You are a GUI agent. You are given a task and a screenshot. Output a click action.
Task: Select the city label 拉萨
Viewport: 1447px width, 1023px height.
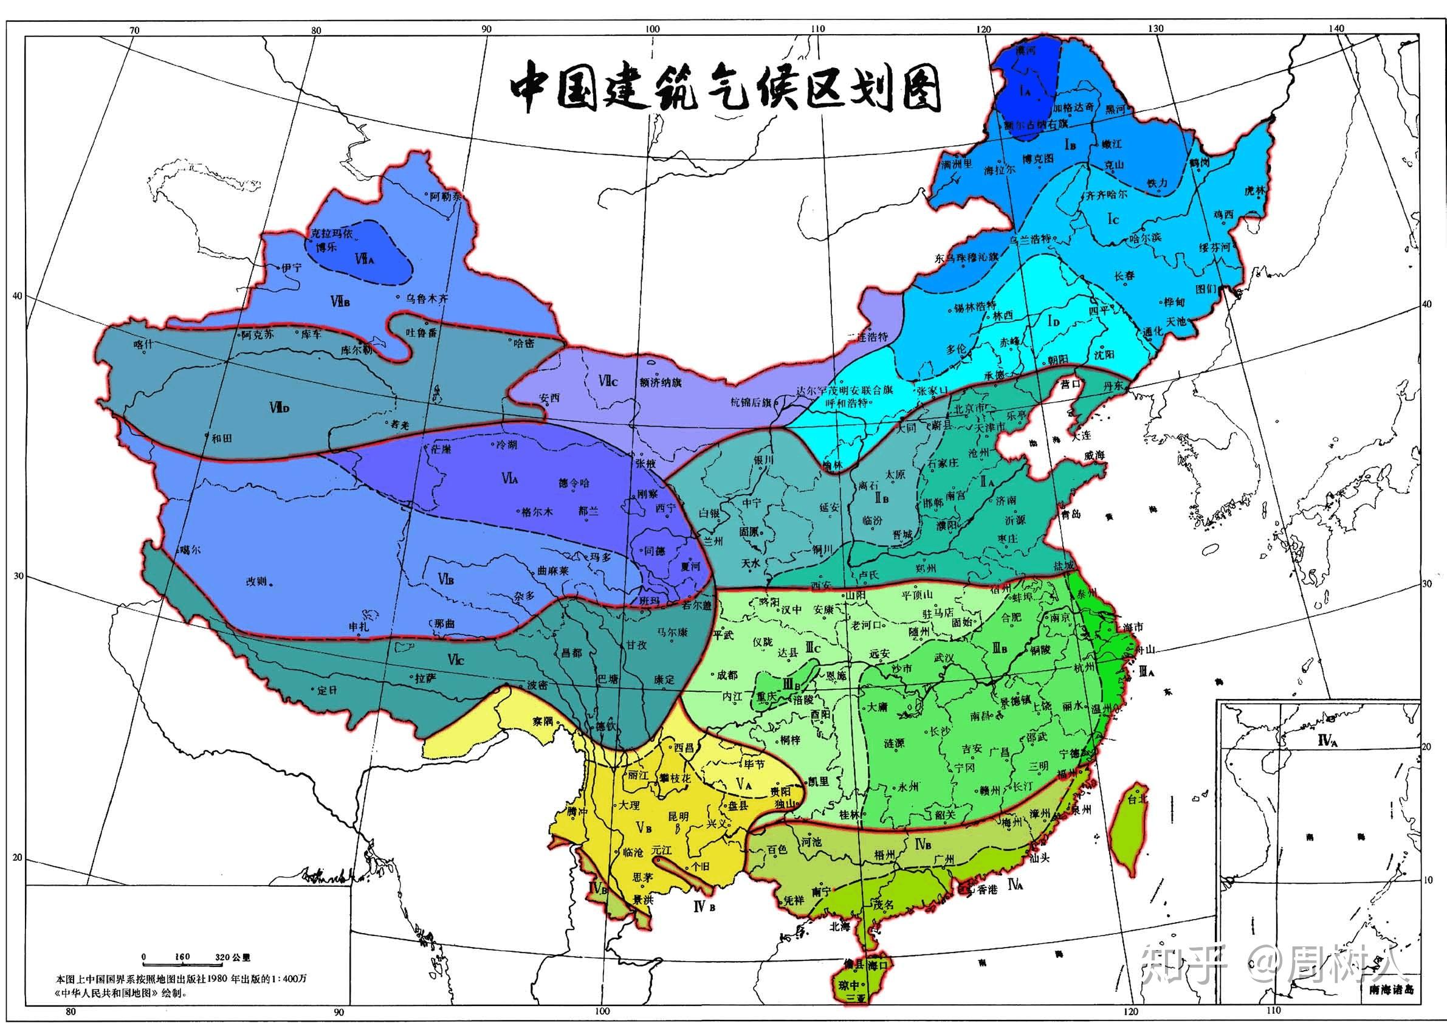(x=426, y=678)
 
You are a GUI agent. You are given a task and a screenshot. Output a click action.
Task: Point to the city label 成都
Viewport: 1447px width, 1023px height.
(x=727, y=675)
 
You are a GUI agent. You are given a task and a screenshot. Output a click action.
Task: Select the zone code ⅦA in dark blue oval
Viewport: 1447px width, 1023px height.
(x=365, y=258)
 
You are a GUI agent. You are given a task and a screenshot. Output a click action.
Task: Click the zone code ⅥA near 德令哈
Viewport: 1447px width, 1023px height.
(x=510, y=479)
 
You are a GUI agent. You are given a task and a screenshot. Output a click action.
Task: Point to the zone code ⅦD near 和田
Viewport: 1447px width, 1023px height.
(x=278, y=408)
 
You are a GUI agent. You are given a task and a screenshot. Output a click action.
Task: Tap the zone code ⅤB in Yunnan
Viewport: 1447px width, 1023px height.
(x=644, y=827)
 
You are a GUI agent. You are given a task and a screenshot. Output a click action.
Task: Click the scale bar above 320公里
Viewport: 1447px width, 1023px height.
(x=183, y=965)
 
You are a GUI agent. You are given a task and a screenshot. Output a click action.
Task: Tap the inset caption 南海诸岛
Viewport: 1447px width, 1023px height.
(x=1392, y=1007)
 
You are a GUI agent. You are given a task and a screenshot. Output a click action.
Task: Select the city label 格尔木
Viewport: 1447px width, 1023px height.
(x=538, y=512)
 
